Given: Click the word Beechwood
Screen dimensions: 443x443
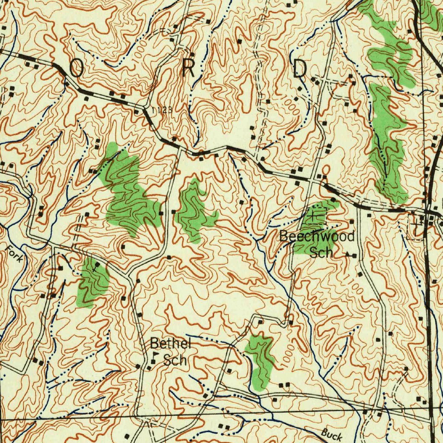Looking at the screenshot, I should click(317, 236).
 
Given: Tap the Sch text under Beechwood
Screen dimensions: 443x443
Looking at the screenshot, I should click(321, 252).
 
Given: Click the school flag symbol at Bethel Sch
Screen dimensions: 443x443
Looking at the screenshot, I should click(154, 359).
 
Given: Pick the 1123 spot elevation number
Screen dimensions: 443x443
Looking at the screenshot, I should click(162, 110).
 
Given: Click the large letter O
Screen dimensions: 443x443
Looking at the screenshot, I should click(76, 68).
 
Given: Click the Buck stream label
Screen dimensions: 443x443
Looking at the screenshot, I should click(331, 433).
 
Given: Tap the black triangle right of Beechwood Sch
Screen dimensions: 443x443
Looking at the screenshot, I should click(348, 255).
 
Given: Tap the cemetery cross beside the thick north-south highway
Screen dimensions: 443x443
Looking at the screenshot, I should click(417, 225).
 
